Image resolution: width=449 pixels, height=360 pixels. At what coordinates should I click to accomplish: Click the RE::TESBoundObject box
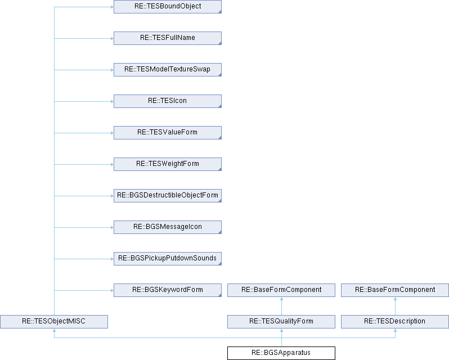coord(168,7)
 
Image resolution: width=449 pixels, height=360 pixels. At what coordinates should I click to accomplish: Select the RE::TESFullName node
coord(168,38)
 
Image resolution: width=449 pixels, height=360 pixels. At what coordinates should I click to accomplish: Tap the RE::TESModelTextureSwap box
coord(168,70)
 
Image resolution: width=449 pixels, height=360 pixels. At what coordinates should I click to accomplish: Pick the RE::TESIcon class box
coord(168,101)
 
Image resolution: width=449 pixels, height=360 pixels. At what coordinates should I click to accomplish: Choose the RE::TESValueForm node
coord(168,133)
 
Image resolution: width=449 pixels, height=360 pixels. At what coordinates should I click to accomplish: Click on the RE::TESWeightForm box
coord(168,164)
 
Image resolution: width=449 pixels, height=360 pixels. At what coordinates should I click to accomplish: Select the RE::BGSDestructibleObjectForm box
coord(168,195)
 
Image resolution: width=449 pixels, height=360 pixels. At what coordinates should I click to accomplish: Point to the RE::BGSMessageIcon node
coord(168,227)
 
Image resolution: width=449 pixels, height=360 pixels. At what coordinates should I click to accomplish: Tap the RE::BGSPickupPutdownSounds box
coord(168,258)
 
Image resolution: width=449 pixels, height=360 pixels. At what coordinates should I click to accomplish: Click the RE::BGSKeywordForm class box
coord(168,290)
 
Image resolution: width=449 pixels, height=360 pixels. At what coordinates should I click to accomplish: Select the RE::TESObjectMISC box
coord(54,321)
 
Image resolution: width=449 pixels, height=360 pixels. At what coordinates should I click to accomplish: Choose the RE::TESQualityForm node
coord(281,321)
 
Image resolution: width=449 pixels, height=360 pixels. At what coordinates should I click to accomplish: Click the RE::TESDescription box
coord(395,321)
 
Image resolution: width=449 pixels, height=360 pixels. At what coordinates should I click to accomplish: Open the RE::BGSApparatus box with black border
coord(281,353)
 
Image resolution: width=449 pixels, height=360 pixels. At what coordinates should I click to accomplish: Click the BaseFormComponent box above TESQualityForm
coord(281,290)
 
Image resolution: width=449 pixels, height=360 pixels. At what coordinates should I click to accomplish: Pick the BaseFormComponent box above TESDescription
coord(395,290)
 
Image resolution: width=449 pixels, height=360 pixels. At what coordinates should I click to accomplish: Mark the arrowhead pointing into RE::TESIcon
coord(113,101)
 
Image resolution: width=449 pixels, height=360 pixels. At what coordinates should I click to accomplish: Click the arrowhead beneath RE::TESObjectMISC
coord(54,330)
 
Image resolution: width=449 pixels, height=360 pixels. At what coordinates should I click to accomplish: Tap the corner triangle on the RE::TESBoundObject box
coord(220,11)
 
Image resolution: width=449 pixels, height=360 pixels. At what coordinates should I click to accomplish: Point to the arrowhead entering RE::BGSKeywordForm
coord(113,290)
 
